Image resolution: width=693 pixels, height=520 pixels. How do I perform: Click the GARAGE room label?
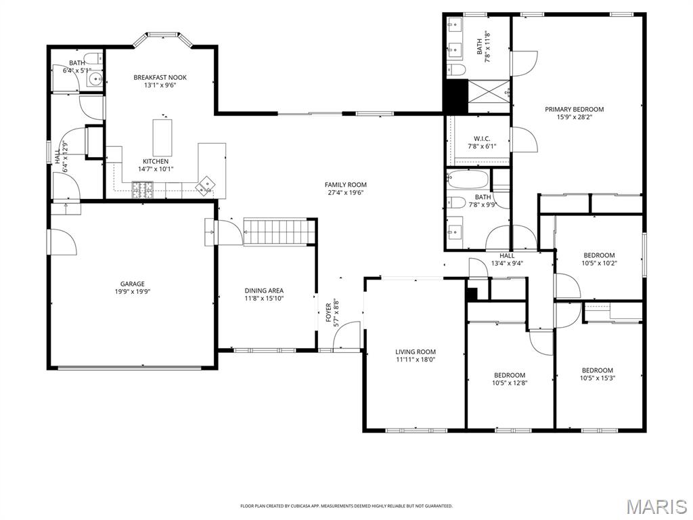click(133, 284)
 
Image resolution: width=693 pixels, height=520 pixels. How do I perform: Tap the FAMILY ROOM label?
click(345, 185)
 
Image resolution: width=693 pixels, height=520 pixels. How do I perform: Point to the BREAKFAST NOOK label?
click(160, 77)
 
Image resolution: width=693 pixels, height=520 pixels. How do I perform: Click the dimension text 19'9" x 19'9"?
click(133, 292)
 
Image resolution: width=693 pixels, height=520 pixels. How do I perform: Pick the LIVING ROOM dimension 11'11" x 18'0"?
click(416, 360)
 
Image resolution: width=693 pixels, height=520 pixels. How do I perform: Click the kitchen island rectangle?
click(162, 137)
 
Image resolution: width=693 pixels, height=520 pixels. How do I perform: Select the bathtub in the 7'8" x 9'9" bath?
click(468, 180)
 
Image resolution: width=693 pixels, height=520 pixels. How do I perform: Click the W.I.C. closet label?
click(482, 138)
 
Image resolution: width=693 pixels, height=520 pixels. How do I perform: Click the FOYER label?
click(329, 312)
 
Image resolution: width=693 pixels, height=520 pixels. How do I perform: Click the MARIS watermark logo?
click(655, 506)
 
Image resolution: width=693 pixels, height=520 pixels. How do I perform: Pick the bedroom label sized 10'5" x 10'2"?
click(599, 255)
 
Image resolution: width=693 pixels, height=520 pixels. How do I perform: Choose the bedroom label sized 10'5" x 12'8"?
click(510, 375)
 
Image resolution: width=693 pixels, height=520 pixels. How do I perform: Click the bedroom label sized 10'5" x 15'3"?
click(598, 370)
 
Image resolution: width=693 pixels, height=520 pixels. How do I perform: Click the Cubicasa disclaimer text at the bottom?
click(346, 506)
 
